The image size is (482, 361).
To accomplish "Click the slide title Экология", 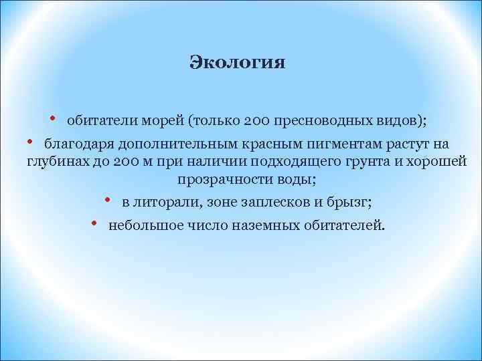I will [237, 63].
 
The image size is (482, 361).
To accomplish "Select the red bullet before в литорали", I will [107, 199].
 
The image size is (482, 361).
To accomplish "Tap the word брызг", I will [353, 201].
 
